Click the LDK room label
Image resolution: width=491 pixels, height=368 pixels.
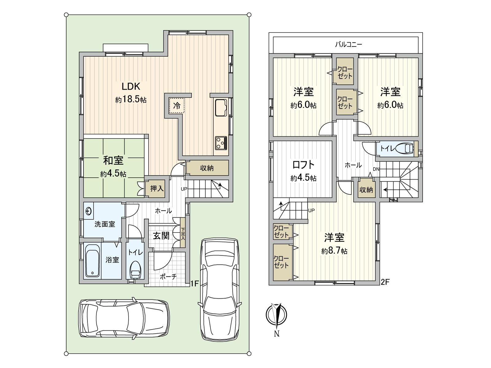[131, 86]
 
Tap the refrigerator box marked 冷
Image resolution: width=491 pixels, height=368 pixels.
[177, 106]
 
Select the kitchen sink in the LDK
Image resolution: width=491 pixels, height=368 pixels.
[221, 108]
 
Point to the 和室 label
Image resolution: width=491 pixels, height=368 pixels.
[113, 160]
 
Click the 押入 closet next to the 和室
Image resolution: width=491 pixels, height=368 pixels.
[157, 189]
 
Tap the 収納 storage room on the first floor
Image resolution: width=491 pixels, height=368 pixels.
[207, 168]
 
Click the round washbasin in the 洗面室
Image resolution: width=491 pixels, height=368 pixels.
[89, 211]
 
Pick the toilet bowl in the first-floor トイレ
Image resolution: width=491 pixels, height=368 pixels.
[135, 270]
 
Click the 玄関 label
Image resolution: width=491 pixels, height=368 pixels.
[161, 236]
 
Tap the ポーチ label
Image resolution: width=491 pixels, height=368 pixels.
[168, 277]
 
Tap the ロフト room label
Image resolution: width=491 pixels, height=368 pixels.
[303, 165]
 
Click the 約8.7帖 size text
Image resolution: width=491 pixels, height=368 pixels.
[334, 251]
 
